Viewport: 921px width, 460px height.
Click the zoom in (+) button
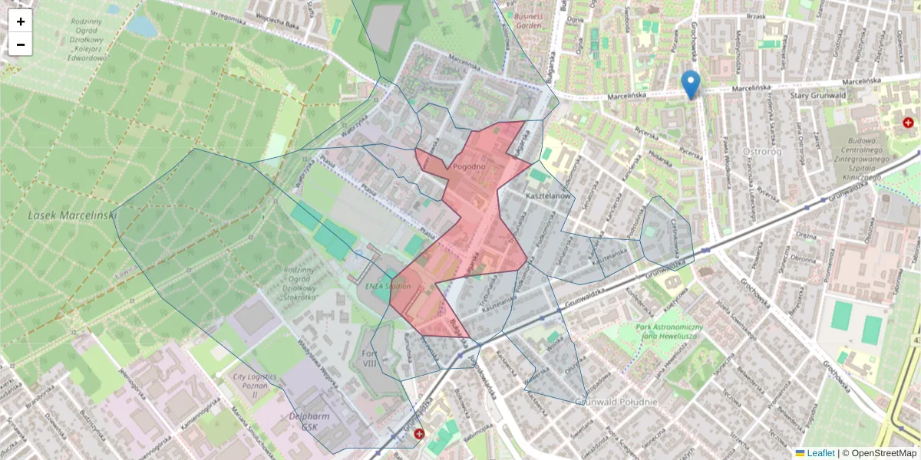(21, 21)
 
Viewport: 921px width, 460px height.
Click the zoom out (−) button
(21, 44)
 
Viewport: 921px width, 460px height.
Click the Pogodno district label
(470, 166)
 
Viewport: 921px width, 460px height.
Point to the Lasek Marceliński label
(71, 215)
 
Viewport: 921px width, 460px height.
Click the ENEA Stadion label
(385, 287)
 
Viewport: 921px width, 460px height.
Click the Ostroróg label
(764, 151)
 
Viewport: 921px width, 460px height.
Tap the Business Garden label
(529, 20)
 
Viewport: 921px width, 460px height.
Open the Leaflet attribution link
(820, 453)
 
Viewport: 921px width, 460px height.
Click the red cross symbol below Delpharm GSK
(419, 435)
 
